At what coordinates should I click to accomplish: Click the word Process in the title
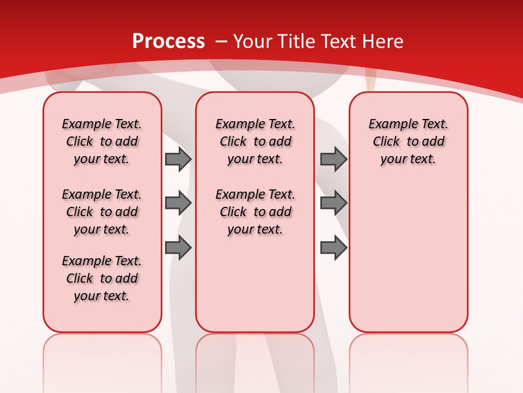(168, 41)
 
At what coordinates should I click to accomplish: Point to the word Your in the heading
(253, 41)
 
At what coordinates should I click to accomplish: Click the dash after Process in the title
(221, 42)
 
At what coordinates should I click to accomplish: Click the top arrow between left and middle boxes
(178, 159)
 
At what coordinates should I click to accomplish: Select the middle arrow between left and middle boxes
(178, 204)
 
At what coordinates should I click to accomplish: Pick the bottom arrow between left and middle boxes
(178, 248)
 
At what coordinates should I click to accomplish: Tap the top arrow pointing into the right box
(333, 159)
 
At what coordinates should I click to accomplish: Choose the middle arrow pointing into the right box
(333, 204)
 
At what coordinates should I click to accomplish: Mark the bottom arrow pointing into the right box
(333, 248)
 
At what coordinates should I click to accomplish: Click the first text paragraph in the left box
(102, 141)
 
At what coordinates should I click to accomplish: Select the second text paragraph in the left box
(102, 212)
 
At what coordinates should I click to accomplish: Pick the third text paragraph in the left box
(102, 278)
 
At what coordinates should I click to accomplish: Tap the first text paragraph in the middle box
(255, 141)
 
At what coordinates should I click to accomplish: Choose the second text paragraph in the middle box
(255, 212)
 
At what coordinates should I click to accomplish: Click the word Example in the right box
(389, 124)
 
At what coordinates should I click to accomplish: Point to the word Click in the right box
(386, 142)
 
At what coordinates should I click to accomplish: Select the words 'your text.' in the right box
(408, 159)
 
